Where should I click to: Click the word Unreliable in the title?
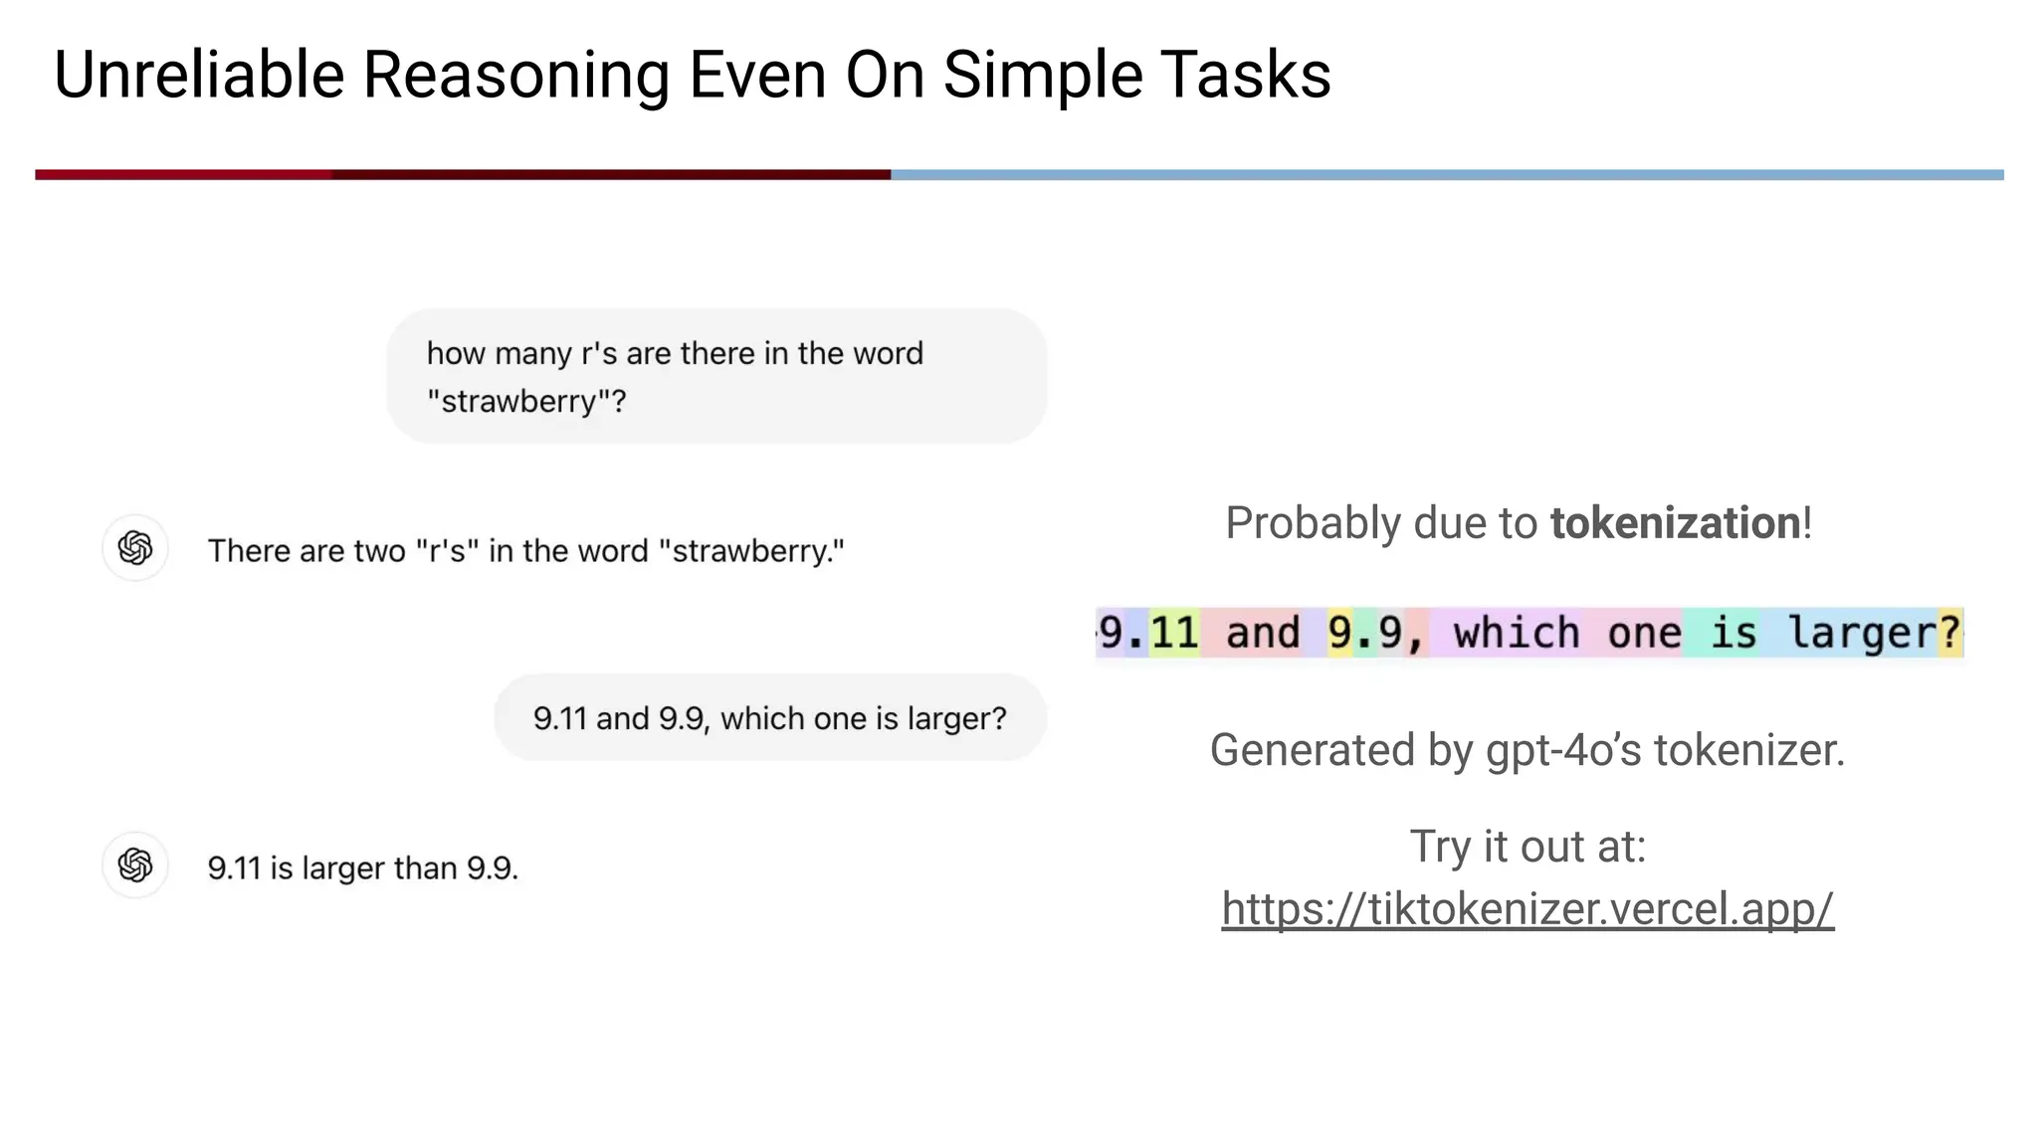coord(199,76)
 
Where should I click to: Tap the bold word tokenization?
coord(1676,523)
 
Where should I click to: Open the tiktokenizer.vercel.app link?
coord(1528,908)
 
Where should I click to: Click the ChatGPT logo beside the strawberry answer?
coord(135,548)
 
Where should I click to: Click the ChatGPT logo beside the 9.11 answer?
coord(135,865)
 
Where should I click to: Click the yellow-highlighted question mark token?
coord(1949,634)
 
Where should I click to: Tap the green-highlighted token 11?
coord(1174,634)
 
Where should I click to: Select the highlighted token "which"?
coord(1515,634)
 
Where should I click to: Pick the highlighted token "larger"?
coord(1860,634)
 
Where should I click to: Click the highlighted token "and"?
coord(1262,634)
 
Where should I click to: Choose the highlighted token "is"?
coord(1732,634)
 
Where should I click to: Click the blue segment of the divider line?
coord(1443,175)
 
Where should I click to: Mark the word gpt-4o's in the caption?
coord(1563,750)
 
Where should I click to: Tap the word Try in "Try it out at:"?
coord(1440,847)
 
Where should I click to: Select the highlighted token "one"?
coord(1644,634)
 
